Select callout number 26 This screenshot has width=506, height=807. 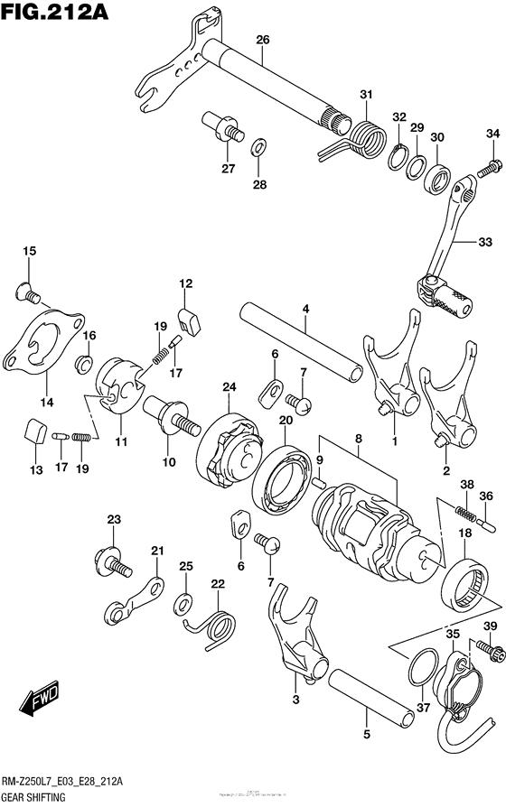[263, 40]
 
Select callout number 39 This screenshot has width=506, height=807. [491, 627]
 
